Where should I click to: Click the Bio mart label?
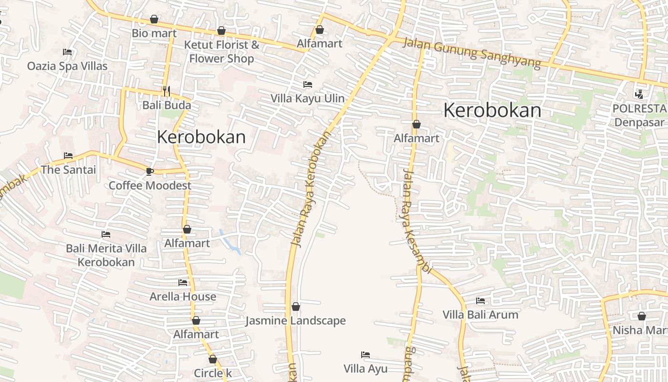click(154, 33)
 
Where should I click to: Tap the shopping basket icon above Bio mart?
click(154, 19)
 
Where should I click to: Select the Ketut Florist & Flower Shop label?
click(222, 52)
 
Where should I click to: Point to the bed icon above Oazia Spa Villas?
click(67, 52)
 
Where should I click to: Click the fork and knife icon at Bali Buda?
click(167, 91)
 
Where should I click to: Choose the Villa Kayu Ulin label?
click(307, 99)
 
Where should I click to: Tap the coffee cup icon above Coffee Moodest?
click(150, 171)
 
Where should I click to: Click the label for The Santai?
click(68, 170)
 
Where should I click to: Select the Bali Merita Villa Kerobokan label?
click(106, 255)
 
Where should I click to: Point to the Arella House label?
click(183, 297)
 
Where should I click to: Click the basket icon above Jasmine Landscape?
click(296, 307)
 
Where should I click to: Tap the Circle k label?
click(213, 373)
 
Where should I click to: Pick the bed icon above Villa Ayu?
click(365, 355)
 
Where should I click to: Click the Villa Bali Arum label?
click(480, 315)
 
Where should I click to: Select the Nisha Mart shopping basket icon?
click(642, 316)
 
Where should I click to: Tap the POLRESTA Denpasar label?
click(639, 115)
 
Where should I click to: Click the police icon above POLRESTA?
click(639, 94)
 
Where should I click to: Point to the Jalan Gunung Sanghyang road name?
click(472, 53)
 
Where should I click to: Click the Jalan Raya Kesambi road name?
click(416, 222)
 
